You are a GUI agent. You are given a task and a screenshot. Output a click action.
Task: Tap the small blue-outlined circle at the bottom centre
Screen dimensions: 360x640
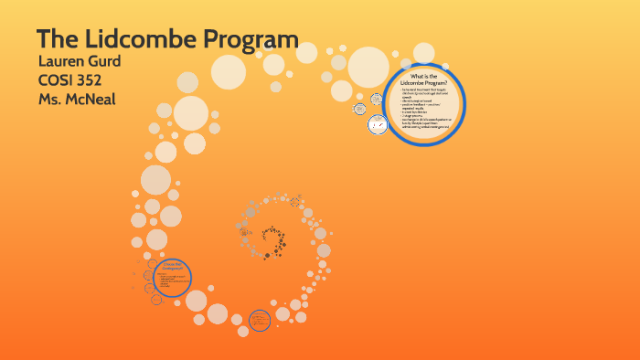click(x=261, y=320)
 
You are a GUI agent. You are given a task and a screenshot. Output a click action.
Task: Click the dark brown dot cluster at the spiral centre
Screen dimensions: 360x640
click(x=272, y=241)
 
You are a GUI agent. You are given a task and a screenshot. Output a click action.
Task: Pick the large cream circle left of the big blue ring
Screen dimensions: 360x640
click(x=368, y=65)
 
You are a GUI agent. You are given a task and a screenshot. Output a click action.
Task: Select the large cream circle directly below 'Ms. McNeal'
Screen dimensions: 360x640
click(x=191, y=113)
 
